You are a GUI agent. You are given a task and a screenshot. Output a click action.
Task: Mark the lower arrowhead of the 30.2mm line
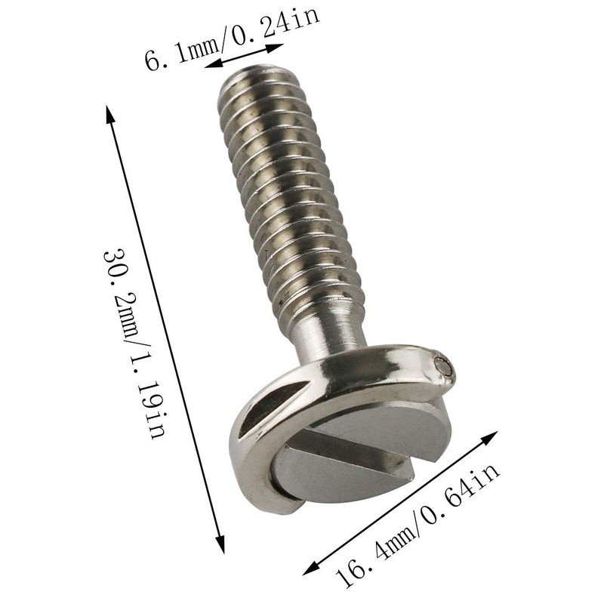220,546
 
